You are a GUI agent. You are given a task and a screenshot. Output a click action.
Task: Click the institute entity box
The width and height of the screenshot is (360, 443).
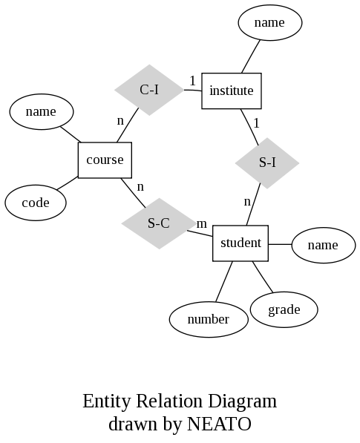pyautogui.click(x=232, y=91)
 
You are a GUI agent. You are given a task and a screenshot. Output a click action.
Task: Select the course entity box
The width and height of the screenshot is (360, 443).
pyautogui.click(x=105, y=160)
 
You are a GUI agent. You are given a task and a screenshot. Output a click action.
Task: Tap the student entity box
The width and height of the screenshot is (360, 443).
pyautogui.click(x=240, y=243)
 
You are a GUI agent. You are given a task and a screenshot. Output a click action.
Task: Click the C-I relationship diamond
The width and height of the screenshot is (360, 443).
pyautogui.click(x=149, y=90)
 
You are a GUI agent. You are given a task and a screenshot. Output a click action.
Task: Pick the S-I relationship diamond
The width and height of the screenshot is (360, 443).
pyautogui.click(x=267, y=162)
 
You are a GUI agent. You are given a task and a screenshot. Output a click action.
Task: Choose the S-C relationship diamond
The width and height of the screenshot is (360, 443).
pyautogui.click(x=158, y=223)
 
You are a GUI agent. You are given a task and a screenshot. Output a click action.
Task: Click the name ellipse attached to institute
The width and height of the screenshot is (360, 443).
pyautogui.click(x=269, y=22)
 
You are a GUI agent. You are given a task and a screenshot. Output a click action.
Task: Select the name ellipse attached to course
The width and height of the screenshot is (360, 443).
pyautogui.click(x=41, y=111)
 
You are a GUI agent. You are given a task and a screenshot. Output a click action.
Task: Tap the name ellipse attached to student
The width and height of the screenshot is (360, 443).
pyautogui.click(x=323, y=245)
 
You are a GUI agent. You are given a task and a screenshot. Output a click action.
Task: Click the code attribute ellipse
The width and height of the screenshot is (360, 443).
pyautogui.click(x=35, y=203)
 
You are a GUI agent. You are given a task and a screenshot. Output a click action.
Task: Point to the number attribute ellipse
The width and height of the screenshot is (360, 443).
pyautogui.click(x=208, y=319)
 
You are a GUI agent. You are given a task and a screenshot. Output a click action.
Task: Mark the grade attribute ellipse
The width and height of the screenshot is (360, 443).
pyautogui.click(x=284, y=309)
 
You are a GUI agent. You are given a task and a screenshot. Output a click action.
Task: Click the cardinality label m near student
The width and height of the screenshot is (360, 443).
pyautogui.click(x=201, y=223)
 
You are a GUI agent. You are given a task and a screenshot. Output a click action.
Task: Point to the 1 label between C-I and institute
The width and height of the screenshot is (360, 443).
pyautogui.click(x=192, y=80)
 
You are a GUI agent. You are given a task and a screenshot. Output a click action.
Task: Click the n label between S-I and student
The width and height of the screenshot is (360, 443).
pyautogui.click(x=247, y=200)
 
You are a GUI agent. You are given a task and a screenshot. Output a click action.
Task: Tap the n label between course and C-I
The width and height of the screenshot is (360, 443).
pyautogui.click(x=120, y=119)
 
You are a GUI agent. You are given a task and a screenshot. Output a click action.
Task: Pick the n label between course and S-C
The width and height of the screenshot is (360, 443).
pyautogui.click(x=140, y=186)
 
